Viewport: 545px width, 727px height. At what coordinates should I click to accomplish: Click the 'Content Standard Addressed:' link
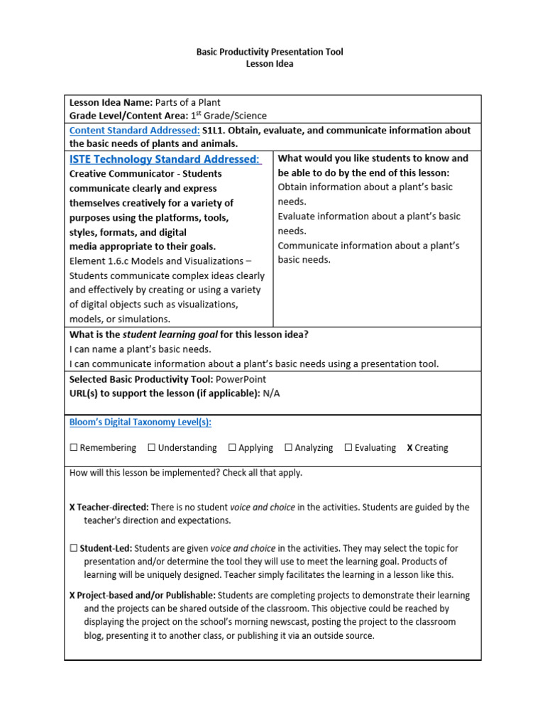click(134, 131)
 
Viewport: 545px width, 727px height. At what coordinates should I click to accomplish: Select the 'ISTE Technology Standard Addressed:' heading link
click(165, 159)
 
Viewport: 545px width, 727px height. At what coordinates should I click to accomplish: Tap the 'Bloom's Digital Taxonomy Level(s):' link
click(141, 422)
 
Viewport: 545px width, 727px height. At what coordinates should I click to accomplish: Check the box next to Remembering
click(74, 448)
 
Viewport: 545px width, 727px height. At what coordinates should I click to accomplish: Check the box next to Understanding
click(152, 448)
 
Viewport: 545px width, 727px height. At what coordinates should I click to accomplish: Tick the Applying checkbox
click(232, 448)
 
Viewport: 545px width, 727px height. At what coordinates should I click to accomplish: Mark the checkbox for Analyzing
click(288, 448)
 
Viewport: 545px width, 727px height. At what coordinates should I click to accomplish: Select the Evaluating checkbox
click(348, 448)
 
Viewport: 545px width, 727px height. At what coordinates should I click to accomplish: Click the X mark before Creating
click(409, 448)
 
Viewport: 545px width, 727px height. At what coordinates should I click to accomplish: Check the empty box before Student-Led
click(74, 548)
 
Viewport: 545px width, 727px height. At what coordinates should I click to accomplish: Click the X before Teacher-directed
click(72, 508)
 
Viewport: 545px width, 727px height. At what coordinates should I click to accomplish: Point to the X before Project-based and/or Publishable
click(72, 596)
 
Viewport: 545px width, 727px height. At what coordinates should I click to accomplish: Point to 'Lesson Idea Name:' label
click(111, 102)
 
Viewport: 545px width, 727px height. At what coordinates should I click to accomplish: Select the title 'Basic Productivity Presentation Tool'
click(269, 52)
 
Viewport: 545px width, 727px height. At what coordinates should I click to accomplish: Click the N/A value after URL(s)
click(271, 393)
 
